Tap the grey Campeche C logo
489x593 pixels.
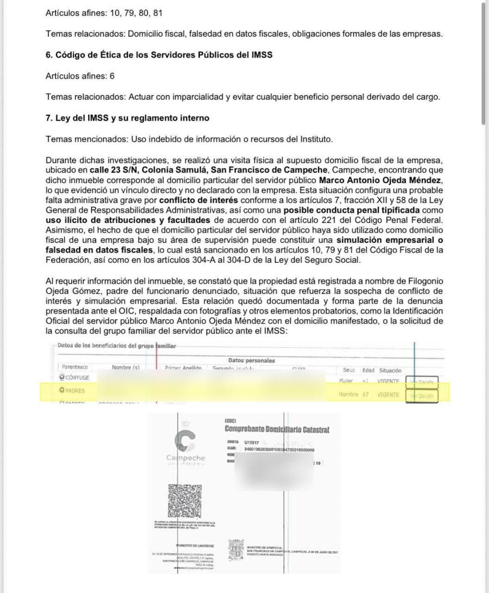[x=185, y=442]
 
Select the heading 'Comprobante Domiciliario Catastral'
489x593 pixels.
[x=277, y=430]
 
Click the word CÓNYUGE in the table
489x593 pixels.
[x=77, y=378]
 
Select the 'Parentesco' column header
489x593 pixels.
[x=75, y=367]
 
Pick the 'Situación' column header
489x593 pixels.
[x=390, y=371]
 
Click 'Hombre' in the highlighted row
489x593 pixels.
[x=348, y=394]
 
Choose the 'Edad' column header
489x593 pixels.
[x=369, y=371]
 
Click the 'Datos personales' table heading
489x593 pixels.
[x=251, y=360]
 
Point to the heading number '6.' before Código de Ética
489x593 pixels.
[x=49, y=55]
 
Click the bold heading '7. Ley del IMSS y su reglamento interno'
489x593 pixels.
[x=127, y=118]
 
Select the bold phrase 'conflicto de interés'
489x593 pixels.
[x=199, y=200]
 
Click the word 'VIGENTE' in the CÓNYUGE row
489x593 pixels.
[x=388, y=381]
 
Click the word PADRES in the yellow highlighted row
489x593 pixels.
[x=75, y=391]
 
